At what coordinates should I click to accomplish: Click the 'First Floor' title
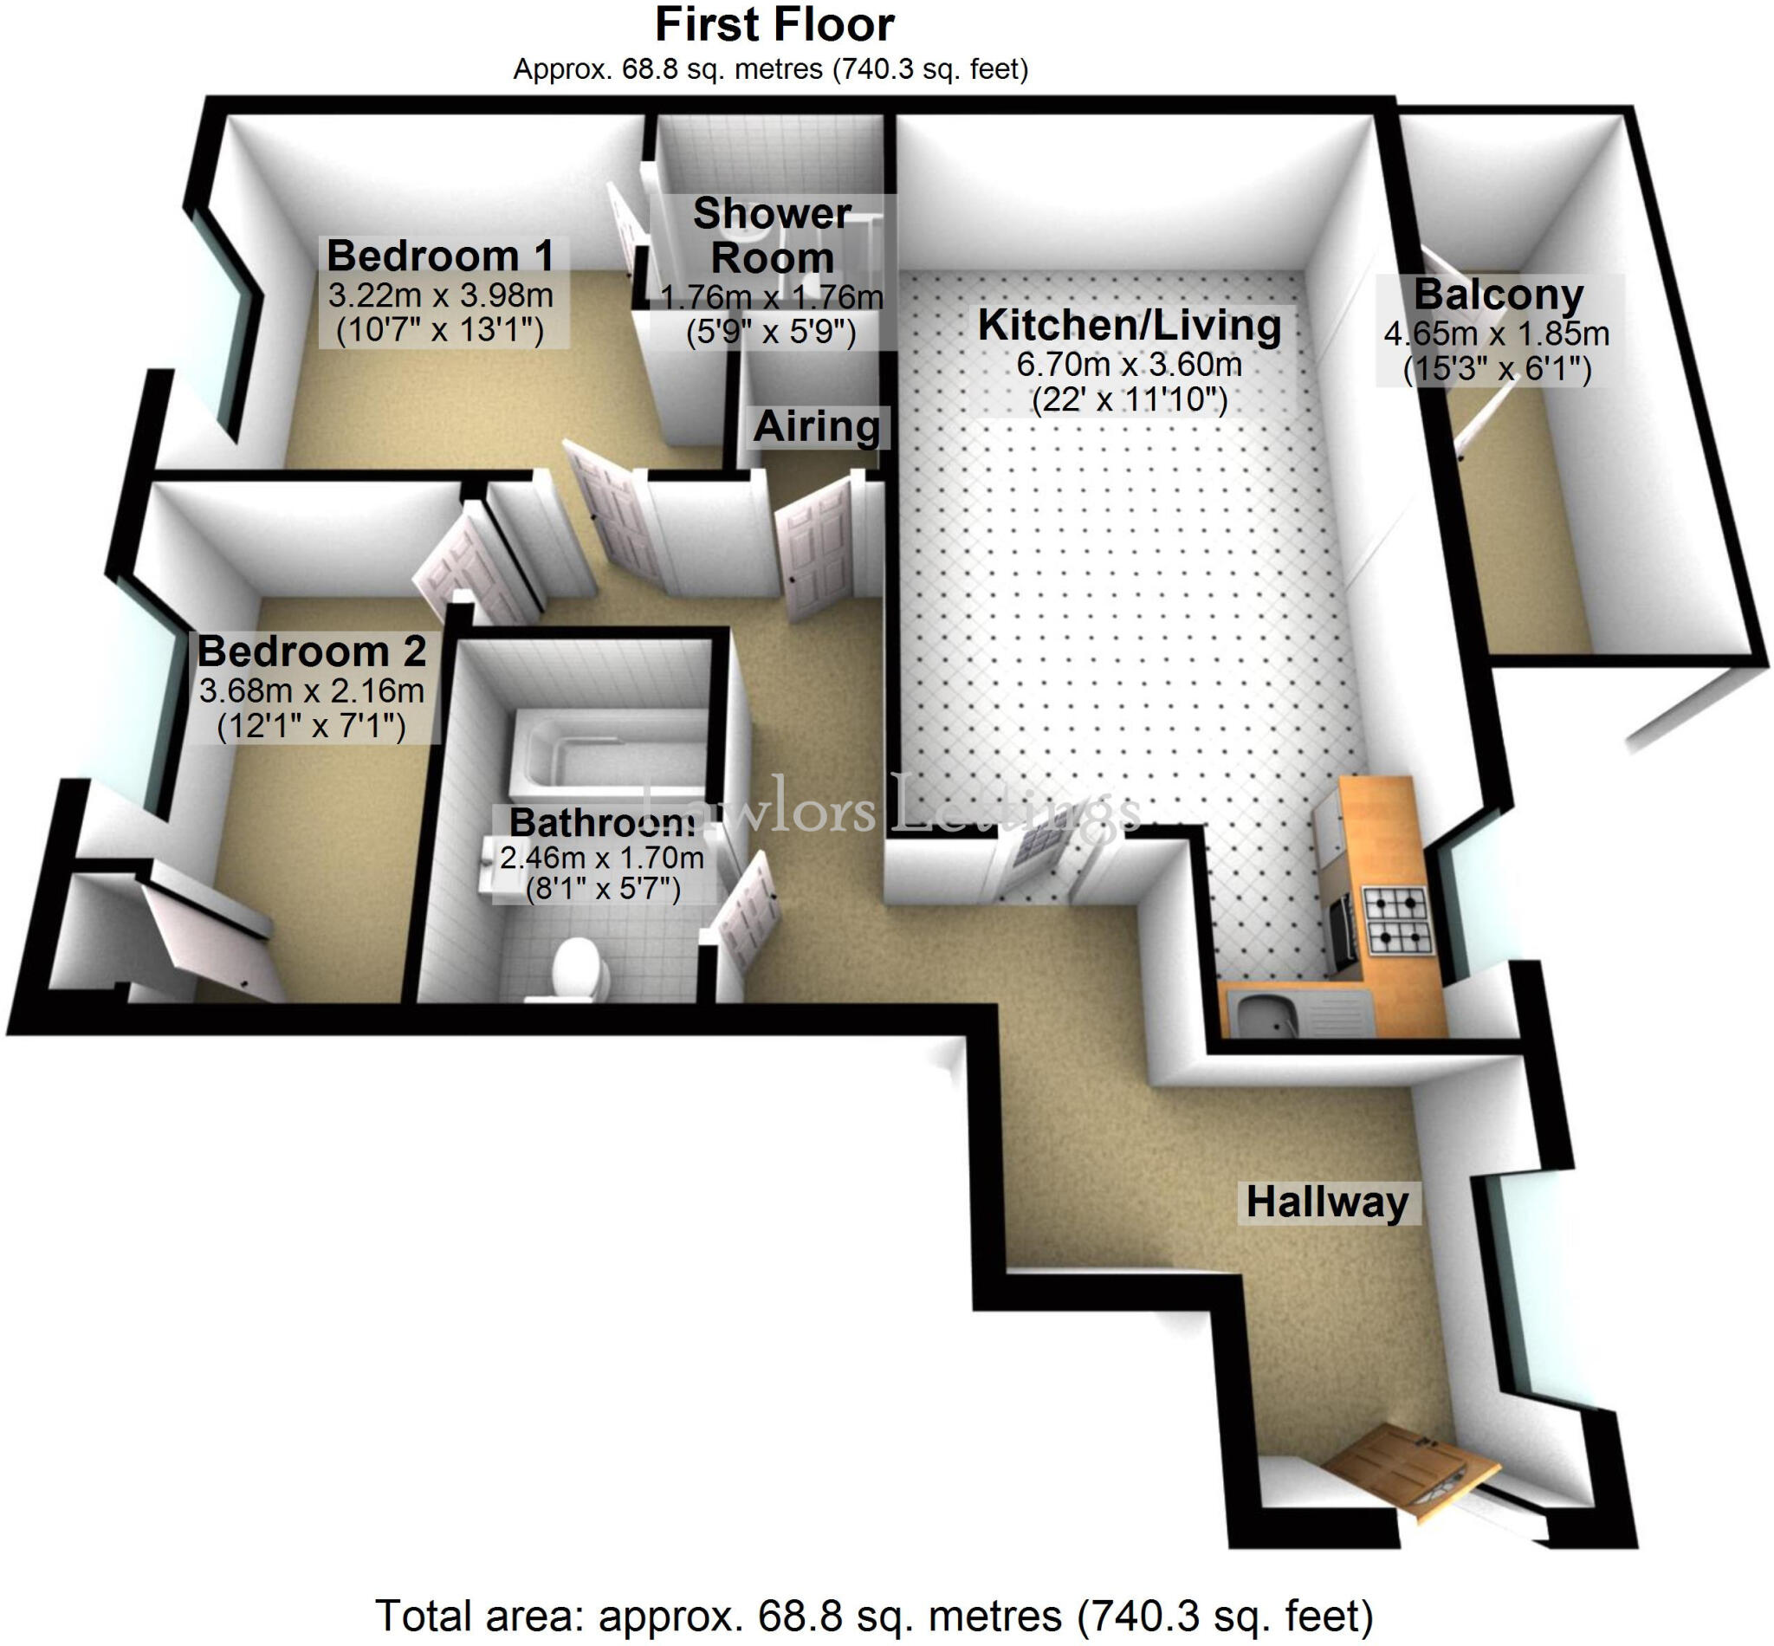[x=774, y=25]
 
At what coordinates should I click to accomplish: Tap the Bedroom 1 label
[x=441, y=256]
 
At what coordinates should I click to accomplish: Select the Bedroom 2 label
[x=312, y=651]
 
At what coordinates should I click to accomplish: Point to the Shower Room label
[x=772, y=236]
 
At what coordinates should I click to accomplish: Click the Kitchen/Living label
[x=1130, y=325]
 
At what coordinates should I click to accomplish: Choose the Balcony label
[x=1499, y=295]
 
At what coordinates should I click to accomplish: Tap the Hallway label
[x=1327, y=1202]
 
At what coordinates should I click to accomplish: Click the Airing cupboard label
[x=817, y=426]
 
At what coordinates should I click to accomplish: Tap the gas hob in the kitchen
[x=1397, y=922]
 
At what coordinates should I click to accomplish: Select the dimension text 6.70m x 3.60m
[x=1130, y=365]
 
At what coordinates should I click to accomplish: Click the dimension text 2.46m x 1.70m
[x=602, y=858]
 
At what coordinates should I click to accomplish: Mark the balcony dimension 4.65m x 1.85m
[x=1497, y=334]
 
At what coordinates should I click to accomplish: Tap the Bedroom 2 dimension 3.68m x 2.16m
[x=312, y=690]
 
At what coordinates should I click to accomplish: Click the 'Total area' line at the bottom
[x=875, y=1615]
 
